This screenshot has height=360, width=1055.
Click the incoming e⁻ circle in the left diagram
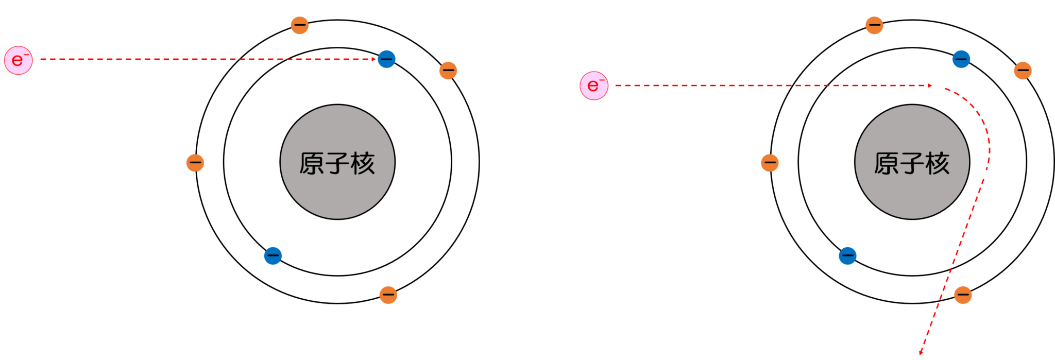coord(19,60)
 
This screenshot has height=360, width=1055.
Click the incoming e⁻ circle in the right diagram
coord(594,85)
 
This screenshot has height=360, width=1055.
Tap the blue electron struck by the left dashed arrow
coord(386,59)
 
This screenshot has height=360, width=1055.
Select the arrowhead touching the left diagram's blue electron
coord(375,59)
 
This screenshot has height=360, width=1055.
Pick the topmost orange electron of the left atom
coord(300,25)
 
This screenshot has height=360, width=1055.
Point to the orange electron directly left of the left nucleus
coord(195,163)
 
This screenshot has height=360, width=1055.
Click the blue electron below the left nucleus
coord(273,255)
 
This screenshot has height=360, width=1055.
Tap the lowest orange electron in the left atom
coord(388,295)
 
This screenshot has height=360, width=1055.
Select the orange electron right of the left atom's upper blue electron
coord(448,70)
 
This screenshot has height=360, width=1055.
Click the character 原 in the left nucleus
coord(312,164)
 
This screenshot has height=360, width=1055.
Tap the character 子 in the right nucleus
coord(912,164)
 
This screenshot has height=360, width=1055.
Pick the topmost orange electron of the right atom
coord(874,25)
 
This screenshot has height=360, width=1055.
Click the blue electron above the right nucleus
coord(961,59)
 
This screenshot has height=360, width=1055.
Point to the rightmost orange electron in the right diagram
coord(1023,70)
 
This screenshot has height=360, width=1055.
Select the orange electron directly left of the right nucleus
coord(770,163)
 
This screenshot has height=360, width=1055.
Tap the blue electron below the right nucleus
coord(847,255)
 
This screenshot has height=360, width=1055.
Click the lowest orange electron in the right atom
coord(963,295)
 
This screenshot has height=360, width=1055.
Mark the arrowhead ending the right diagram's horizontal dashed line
coord(930,85)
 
